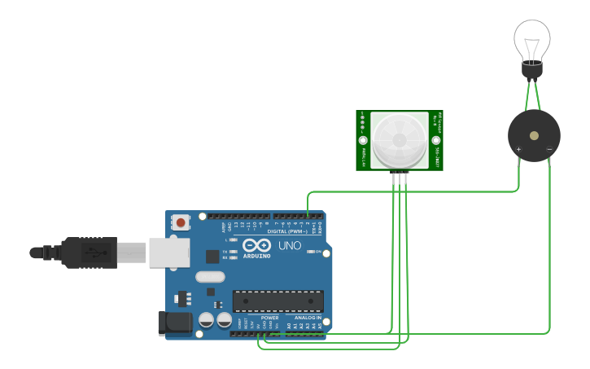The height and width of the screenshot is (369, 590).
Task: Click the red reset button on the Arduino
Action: (180, 222)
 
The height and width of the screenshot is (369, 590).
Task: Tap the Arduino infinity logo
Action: (256, 245)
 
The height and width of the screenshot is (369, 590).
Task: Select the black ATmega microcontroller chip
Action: (278, 301)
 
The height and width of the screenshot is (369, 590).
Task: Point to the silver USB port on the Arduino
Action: (168, 253)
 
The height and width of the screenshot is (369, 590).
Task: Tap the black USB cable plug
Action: (90, 253)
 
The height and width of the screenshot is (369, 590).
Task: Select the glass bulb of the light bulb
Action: (531, 39)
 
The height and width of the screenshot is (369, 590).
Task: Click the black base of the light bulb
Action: (531, 70)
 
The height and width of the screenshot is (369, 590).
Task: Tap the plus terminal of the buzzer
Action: (518, 149)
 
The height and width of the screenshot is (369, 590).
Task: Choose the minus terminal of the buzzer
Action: (549, 149)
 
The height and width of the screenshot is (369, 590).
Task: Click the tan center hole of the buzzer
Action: (534, 134)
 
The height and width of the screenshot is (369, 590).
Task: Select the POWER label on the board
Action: (269, 318)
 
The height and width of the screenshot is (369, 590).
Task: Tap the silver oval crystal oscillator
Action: (209, 276)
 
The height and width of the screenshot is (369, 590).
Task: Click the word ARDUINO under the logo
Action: (256, 257)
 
